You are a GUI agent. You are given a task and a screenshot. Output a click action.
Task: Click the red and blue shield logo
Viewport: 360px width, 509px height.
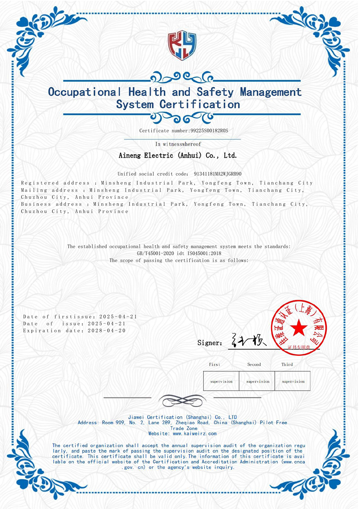(x=182, y=45)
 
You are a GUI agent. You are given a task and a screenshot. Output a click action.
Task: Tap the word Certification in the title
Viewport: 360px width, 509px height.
(x=200, y=105)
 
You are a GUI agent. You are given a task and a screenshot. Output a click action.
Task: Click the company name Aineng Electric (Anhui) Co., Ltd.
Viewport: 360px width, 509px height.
(x=178, y=155)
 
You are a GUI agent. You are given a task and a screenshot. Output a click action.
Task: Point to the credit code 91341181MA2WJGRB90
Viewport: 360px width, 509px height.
(x=218, y=174)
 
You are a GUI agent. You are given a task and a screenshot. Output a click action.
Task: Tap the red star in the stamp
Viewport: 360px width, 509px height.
(x=298, y=329)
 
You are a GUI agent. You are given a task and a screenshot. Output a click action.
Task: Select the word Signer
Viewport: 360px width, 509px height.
(x=210, y=343)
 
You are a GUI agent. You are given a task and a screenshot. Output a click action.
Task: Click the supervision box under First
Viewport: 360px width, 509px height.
(x=221, y=381)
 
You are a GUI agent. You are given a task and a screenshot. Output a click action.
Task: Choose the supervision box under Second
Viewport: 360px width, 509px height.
(x=258, y=381)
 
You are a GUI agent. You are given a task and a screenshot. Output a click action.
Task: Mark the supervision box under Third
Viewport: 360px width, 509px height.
(x=293, y=381)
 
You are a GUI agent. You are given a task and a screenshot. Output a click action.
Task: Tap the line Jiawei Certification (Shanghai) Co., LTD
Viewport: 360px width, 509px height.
(x=182, y=417)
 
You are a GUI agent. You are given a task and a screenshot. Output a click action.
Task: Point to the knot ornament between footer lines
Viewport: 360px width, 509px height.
(x=182, y=399)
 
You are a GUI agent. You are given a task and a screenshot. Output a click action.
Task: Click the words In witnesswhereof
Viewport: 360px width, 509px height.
(x=178, y=144)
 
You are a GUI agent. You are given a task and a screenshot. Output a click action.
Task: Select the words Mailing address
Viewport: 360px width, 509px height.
(x=49, y=190)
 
